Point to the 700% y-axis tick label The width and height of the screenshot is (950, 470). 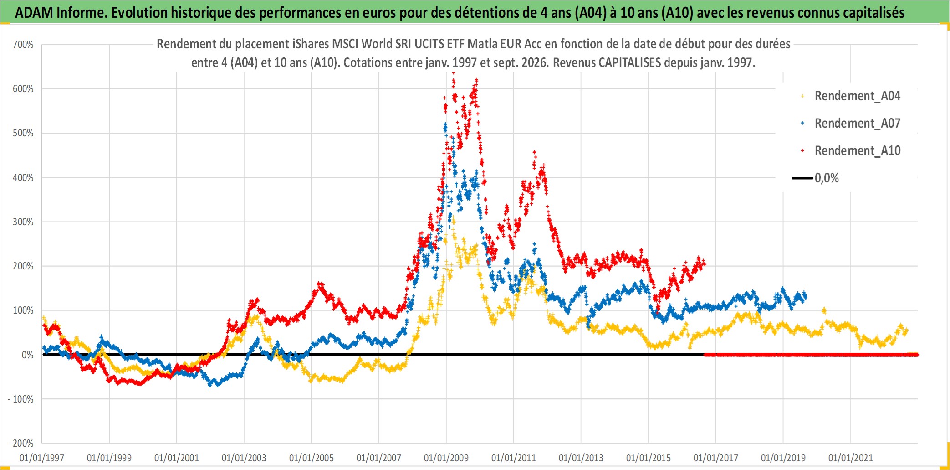point(23,45)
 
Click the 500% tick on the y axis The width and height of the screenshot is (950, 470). point(23,133)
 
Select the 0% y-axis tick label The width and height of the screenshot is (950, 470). point(28,355)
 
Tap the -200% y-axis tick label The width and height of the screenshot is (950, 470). point(21,443)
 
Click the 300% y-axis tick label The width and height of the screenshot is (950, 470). point(23,222)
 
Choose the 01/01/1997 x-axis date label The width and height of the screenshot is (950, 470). point(42,458)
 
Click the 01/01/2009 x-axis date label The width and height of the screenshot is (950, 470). point(446,458)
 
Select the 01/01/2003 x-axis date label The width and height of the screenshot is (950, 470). point(244,458)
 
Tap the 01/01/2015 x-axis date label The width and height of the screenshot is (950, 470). point(649,458)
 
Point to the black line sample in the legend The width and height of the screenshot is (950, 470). point(802,178)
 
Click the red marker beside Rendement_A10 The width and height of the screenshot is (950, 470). point(802,150)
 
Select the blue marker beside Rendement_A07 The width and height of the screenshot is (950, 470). point(802,123)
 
